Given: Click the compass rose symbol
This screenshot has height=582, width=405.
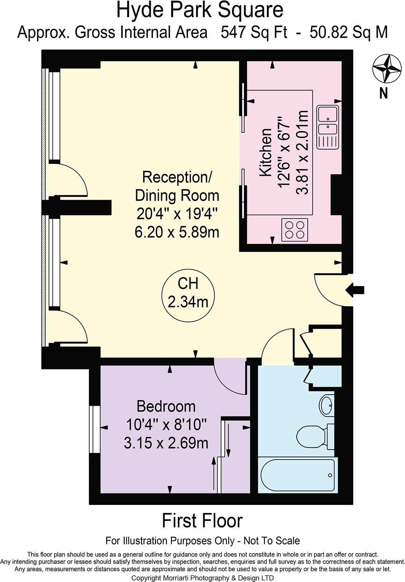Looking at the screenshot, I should pos(386,68).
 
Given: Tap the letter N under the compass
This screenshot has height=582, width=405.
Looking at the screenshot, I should pos(383,94).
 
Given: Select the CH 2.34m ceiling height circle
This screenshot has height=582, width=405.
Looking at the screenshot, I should pos(188,293).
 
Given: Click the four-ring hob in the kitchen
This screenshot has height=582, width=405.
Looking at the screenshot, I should pos(295,230).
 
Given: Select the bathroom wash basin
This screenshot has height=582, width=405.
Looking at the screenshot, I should pos(326,405).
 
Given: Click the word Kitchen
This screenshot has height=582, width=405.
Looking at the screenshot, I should pos(266,153).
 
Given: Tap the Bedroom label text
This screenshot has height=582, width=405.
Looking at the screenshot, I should pos(166,406).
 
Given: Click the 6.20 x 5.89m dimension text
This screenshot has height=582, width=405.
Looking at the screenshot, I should pos(177,232).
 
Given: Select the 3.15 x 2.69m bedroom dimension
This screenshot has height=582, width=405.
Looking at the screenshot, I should pos(166,443).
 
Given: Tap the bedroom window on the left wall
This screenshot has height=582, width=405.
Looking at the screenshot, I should pos(95,429).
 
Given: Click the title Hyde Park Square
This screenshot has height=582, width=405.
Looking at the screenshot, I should pos(200,10).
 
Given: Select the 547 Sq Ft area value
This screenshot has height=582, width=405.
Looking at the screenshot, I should pos(254,32).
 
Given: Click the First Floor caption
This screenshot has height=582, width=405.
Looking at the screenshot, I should pos(202,520).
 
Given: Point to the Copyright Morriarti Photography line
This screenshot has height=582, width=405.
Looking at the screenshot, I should pos(202,578).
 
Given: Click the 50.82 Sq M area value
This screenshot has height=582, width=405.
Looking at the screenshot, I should pos(349,32).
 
